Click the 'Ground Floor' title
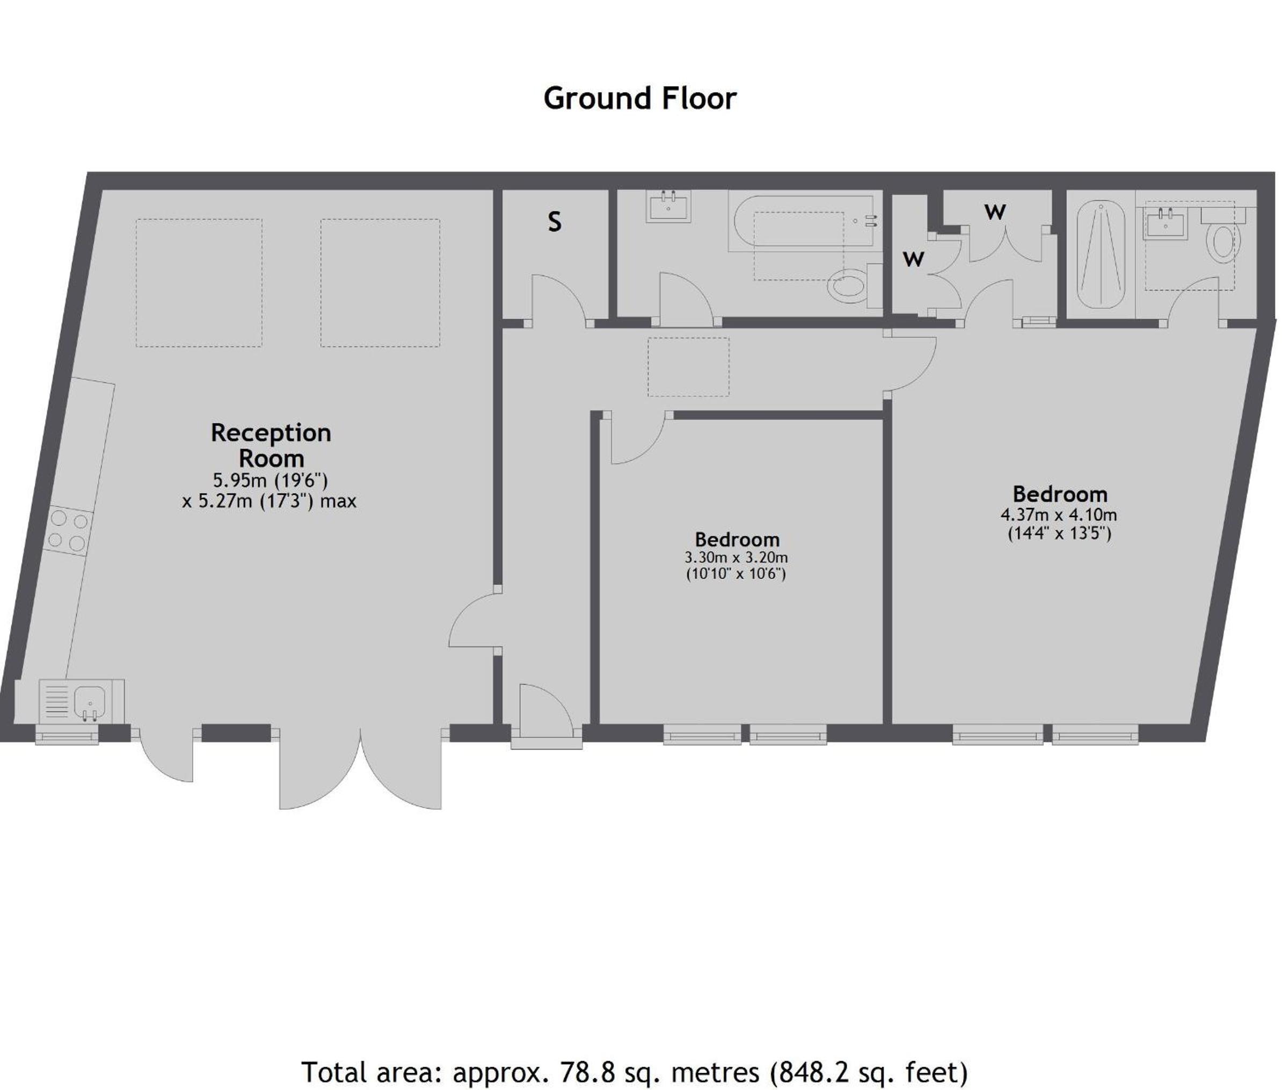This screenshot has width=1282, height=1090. tap(639, 98)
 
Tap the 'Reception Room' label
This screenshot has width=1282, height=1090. tap(271, 445)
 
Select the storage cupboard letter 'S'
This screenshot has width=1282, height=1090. tap(554, 222)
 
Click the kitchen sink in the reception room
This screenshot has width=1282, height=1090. tap(90, 701)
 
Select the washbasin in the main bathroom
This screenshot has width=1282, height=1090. tap(668, 206)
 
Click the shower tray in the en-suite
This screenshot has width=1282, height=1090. tap(1101, 254)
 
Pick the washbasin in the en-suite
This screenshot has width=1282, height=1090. tap(1165, 222)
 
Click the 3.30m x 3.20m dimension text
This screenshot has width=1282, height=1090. tap(736, 557)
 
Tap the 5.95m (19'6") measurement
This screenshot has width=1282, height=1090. tap(270, 480)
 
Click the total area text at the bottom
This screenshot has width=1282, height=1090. tap(634, 1072)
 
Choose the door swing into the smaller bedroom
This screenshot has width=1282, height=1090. tap(638, 438)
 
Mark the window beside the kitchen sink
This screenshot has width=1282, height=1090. tap(67, 734)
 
